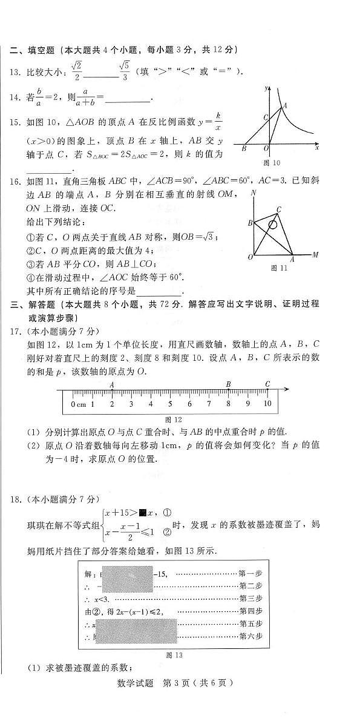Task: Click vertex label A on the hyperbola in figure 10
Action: (285, 105)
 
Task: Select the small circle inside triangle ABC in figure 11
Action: (273, 225)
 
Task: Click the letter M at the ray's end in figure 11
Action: (315, 255)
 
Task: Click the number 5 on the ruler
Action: (170, 404)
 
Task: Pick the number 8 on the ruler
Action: (228, 404)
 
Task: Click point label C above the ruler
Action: (267, 384)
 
